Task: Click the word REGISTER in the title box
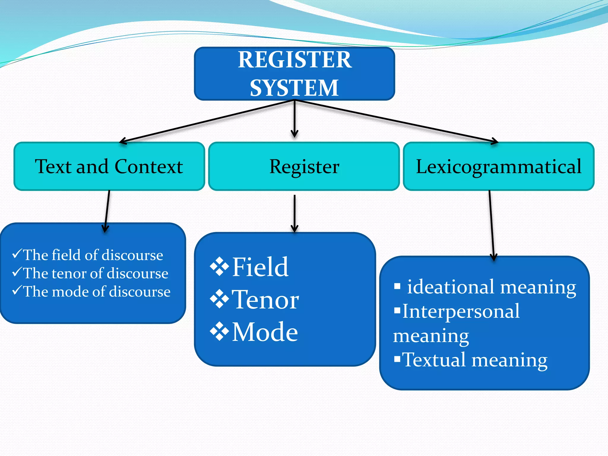(x=294, y=60)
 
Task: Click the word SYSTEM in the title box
(x=294, y=88)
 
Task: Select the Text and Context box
(x=109, y=166)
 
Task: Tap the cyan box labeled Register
(x=304, y=166)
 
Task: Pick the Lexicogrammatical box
(x=498, y=166)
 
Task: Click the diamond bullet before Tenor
(x=219, y=299)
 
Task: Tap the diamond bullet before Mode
(x=219, y=331)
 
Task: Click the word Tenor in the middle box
(x=265, y=300)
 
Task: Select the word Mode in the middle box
(x=265, y=332)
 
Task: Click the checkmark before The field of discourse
(x=17, y=254)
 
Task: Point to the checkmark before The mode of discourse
(x=17, y=290)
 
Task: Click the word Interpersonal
(x=461, y=311)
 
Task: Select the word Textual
(x=434, y=360)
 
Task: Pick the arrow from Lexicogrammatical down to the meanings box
(x=491, y=226)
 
